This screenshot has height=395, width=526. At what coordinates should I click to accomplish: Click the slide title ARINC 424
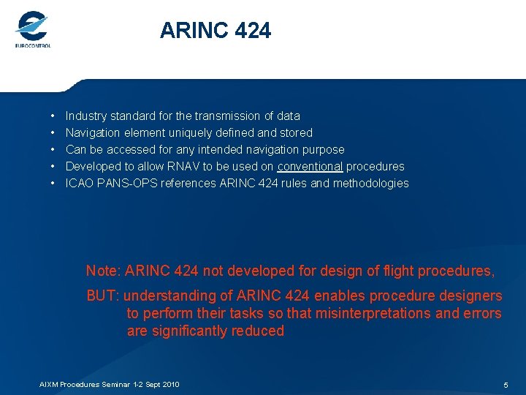[x=216, y=31]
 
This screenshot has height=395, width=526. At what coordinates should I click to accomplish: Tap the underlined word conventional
[x=310, y=166]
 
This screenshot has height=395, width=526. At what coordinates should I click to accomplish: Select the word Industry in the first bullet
[x=85, y=116]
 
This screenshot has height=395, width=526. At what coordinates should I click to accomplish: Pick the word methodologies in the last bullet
[x=370, y=183]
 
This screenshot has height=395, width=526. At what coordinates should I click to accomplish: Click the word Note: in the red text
[x=104, y=271]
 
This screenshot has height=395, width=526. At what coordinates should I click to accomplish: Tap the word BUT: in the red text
[x=104, y=296]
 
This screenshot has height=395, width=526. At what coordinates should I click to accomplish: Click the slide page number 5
[x=506, y=385]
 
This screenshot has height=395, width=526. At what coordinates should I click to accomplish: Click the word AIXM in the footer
[x=48, y=384]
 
